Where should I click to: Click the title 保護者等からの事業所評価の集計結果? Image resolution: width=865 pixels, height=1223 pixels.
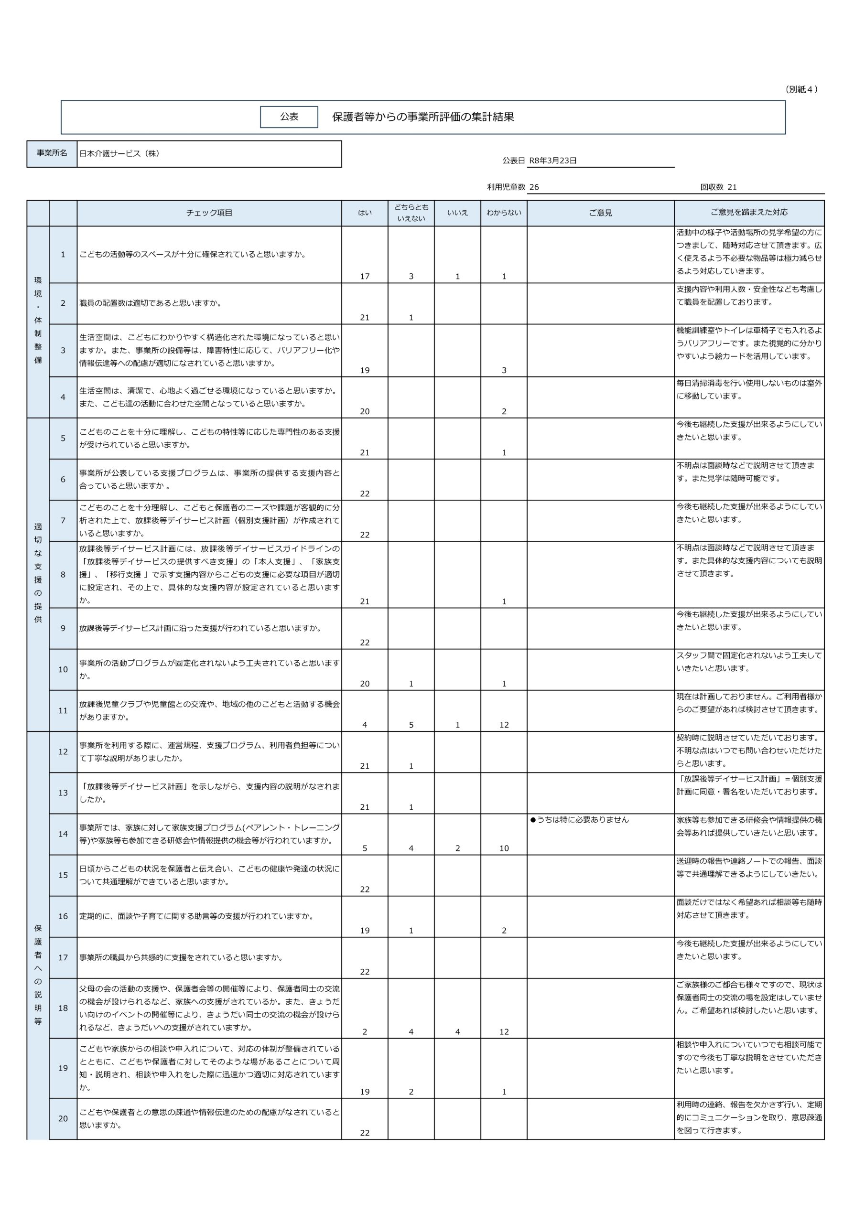click(422, 117)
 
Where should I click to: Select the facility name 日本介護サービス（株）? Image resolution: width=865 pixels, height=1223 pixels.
click(119, 153)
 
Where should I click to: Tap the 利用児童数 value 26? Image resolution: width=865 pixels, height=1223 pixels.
click(534, 187)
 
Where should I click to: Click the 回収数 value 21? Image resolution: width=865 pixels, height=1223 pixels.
click(732, 187)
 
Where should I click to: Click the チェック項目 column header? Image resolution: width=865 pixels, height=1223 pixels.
click(209, 213)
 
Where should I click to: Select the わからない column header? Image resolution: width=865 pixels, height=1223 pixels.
click(504, 213)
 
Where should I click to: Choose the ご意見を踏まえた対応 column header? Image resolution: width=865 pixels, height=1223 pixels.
click(749, 212)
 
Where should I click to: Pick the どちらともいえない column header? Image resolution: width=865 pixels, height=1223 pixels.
click(411, 213)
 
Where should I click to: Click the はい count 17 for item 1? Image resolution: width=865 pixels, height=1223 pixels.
click(365, 277)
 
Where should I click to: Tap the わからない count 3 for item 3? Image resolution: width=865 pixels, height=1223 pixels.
click(504, 370)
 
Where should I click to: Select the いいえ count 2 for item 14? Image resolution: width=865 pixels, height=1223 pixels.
click(457, 848)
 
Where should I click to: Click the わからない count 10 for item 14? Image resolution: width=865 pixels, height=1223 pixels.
click(504, 848)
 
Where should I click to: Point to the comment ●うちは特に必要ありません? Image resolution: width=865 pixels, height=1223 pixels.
click(579, 820)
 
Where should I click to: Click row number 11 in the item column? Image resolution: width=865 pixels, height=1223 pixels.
click(63, 710)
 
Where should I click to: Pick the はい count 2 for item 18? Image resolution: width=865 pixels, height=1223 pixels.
click(365, 1032)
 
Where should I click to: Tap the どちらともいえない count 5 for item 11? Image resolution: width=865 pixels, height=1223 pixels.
click(411, 724)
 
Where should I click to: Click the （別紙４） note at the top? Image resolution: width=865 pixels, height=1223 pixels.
click(801, 89)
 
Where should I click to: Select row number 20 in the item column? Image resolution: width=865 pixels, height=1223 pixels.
click(63, 1118)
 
